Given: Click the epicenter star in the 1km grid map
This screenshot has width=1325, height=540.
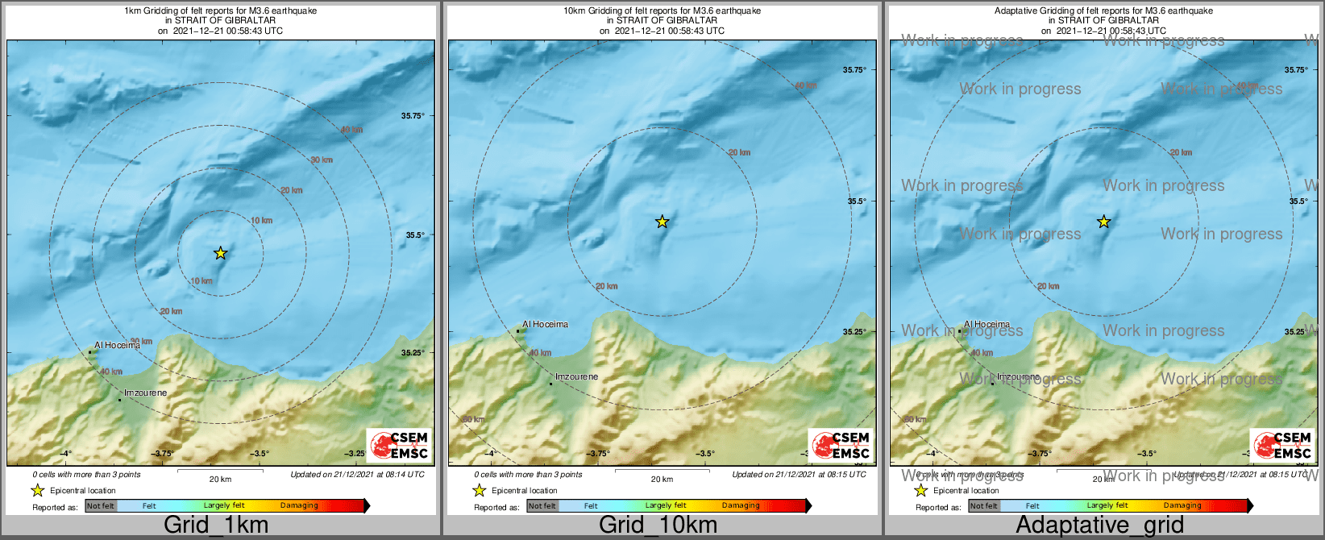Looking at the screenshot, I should click(220, 253).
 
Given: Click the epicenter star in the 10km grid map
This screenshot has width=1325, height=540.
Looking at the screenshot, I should click(662, 222).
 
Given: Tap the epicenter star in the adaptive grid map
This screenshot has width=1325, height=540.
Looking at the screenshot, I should click(1103, 222).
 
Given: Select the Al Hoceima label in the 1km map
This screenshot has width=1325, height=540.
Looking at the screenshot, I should click(117, 346).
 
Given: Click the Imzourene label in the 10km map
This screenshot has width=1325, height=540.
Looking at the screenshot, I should click(576, 376).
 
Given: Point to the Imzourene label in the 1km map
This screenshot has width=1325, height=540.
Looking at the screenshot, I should click(145, 393).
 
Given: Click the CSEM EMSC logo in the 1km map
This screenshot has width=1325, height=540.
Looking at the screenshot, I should click(399, 445).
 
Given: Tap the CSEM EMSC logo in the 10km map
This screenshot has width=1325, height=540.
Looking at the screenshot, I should click(841, 445).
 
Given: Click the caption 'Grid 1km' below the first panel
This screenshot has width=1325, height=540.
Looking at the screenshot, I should click(216, 525).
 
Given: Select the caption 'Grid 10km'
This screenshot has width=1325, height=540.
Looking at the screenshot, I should click(658, 525).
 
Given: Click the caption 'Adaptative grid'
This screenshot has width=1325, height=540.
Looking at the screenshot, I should click(1099, 525).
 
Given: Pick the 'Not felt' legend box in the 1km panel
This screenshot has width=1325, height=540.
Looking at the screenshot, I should click(101, 506).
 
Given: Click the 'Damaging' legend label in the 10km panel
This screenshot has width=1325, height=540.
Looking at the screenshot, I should click(741, 506).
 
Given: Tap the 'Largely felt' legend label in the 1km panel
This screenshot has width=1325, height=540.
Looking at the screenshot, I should click(224, 506).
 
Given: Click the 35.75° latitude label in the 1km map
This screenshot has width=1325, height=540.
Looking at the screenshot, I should click(413, 116).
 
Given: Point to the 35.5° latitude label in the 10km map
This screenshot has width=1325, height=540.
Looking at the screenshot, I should click(857, 201).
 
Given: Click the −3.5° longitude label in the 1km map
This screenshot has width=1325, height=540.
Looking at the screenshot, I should click(259, 454).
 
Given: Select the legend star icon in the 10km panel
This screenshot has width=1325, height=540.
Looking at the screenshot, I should click(479, 490).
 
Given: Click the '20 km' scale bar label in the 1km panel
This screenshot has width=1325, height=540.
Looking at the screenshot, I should click(220, 479).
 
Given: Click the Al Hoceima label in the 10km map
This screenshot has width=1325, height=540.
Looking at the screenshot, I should click(545, 325).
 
